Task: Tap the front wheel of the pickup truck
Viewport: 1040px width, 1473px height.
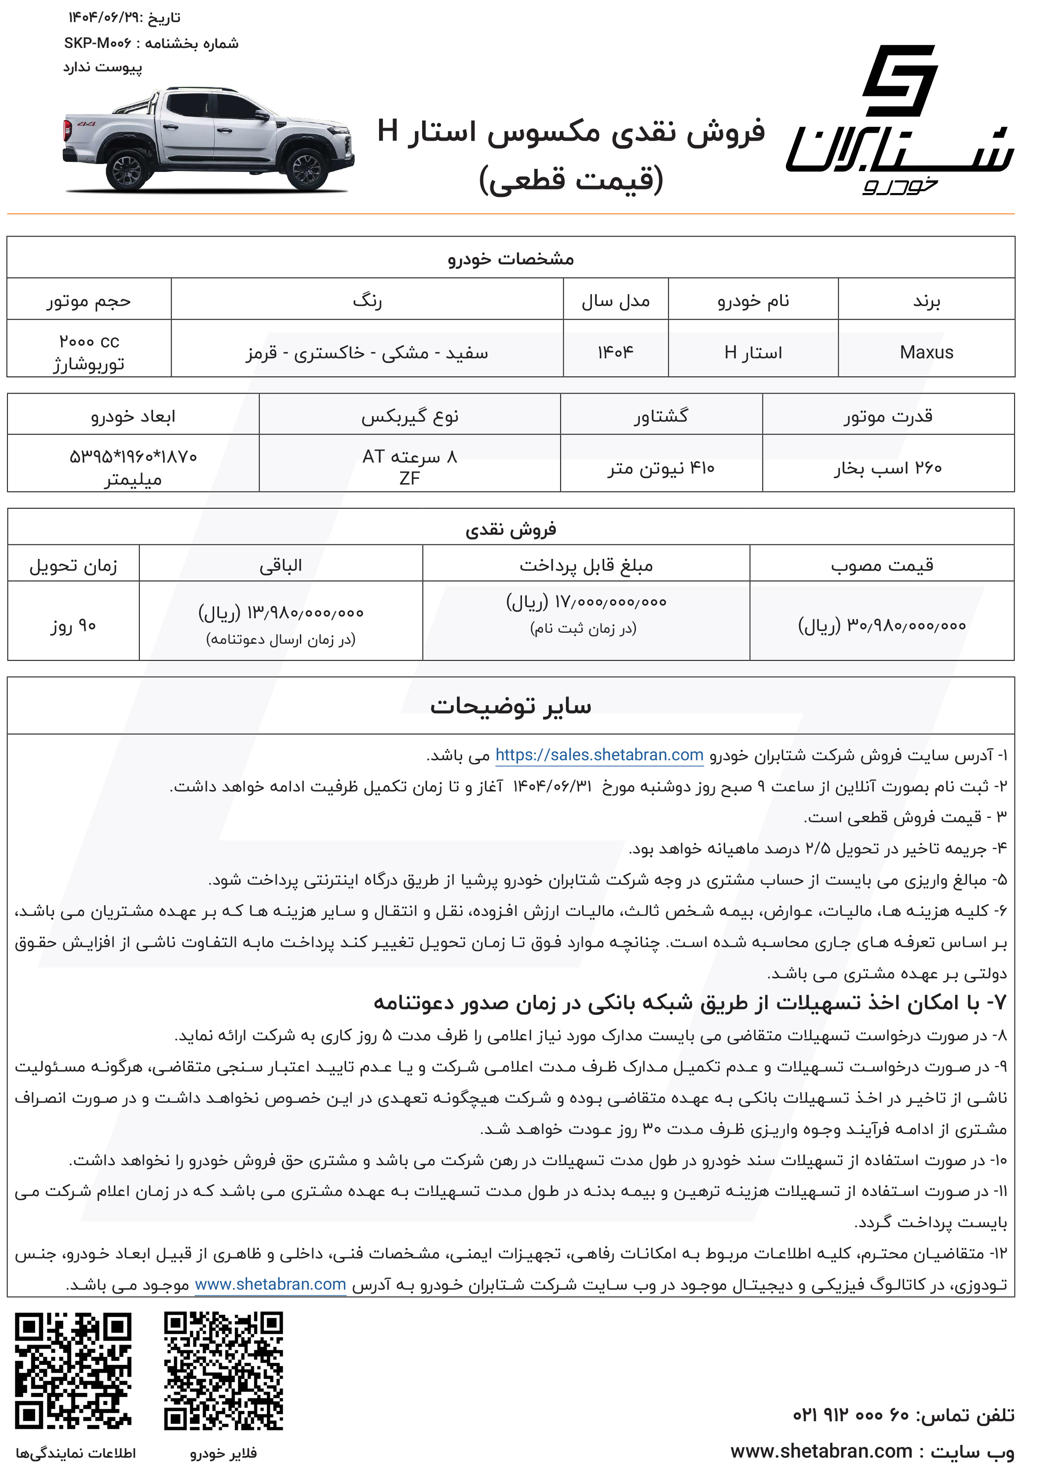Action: point(305,169)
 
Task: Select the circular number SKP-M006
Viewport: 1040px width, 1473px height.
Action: point(98,44)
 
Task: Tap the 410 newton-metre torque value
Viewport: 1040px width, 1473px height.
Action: point(661,468)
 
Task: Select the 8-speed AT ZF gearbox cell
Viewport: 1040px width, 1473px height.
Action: point(409,467)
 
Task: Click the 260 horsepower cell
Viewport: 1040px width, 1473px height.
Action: point(887,468)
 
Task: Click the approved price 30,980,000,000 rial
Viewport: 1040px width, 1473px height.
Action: point(882,625)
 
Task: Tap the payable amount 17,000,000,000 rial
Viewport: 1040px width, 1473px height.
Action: point(586,602)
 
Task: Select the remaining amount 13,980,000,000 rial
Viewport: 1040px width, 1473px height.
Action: point(281,613)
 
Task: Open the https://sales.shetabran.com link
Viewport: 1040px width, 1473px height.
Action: point(599,755)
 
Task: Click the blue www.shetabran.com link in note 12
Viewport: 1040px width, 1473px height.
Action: point(270,1284)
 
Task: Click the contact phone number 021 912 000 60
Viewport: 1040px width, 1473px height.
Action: point(851,1415)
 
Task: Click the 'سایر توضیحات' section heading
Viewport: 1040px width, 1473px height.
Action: point(511,706)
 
